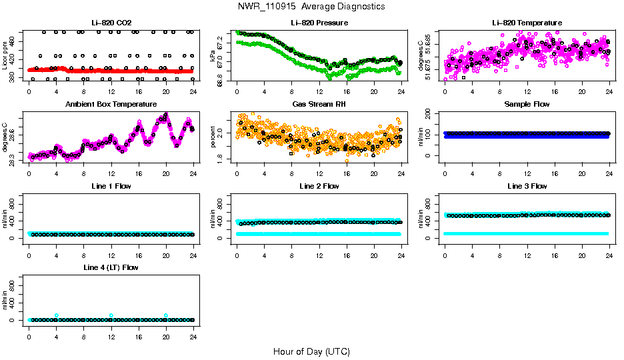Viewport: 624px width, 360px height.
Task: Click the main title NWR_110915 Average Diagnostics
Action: pyautogui.click(x=311, y=7)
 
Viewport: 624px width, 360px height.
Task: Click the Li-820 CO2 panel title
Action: pyautogui.click(x=111, y=23)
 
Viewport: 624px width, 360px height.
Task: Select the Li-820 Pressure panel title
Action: pyautogui.click(x=319, y=23)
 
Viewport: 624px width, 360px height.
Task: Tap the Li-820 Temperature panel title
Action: pyautogui.click(x=527, y=23)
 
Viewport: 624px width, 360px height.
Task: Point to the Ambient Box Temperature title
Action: pyautogui.click(x=111, y=104)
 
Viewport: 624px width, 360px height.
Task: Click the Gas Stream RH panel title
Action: pyautogui.click(x=319, y=104)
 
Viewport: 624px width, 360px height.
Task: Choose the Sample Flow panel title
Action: pyautogui.click(x=527, y=104)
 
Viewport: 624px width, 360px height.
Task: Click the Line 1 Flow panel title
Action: pyautogui.click(x=111, y=186)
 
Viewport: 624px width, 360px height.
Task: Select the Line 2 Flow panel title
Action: pyautogui.click(x=319, y=186)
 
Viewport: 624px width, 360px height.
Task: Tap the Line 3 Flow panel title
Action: pyautogui.click(x=527, y=186)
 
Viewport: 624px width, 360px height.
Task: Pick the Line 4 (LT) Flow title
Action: pyautogui.click(x=111, y=267)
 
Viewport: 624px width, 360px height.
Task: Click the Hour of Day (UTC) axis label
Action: pyautogui.click(x=311, y=351)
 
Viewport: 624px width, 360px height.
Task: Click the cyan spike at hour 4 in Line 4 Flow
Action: pyautogui.click(x=57, y=315)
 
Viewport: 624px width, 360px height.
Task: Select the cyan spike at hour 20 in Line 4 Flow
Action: pyautogui.click(x=166, y=315)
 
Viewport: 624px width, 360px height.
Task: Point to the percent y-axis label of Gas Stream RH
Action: pyautogui.click(x=213, y=137)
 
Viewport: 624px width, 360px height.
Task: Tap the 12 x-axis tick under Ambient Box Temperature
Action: pyautogui.click(x=111, y=175)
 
